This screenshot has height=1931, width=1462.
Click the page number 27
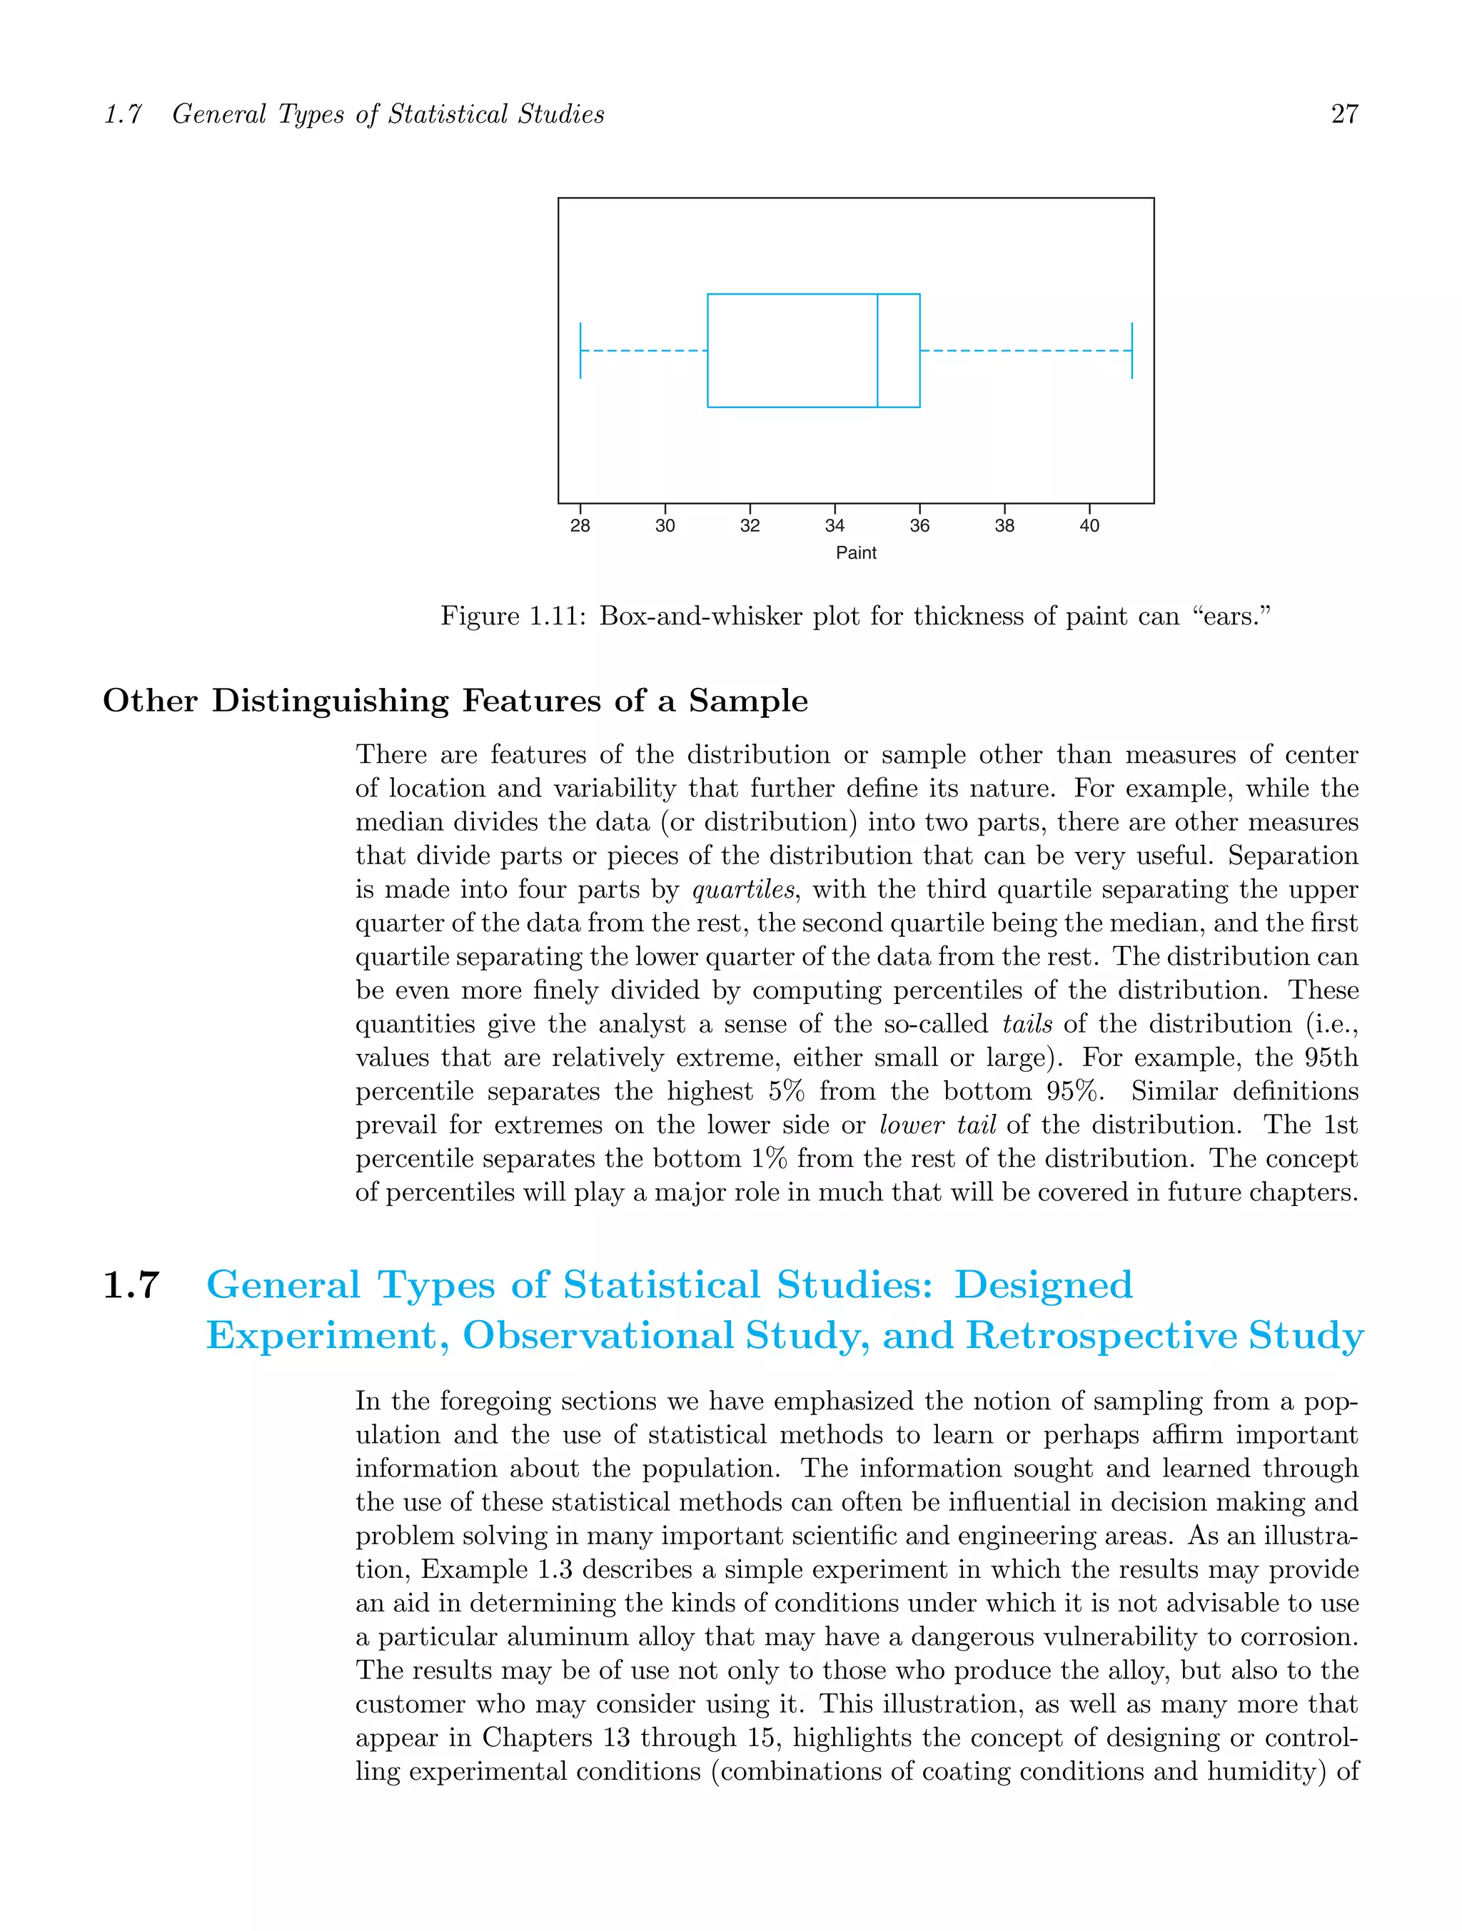[1343, 114]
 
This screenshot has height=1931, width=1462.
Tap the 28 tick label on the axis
[580, 525]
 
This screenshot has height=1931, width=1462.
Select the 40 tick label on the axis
[1089, 525]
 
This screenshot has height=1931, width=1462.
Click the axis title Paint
[856, 552]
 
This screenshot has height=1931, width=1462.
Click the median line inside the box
[877, 350]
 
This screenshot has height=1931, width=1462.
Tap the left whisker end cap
[581, 350]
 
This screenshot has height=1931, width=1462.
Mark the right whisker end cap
[1132, 350]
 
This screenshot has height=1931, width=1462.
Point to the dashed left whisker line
[644, 350]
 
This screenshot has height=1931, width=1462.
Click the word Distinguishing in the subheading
[330, 701]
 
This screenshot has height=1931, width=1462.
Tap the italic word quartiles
[743, 890]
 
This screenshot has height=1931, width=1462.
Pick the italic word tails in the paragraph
[1027, 1024]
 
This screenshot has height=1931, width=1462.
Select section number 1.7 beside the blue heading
[131, 1285]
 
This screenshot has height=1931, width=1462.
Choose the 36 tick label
[919, 525]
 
